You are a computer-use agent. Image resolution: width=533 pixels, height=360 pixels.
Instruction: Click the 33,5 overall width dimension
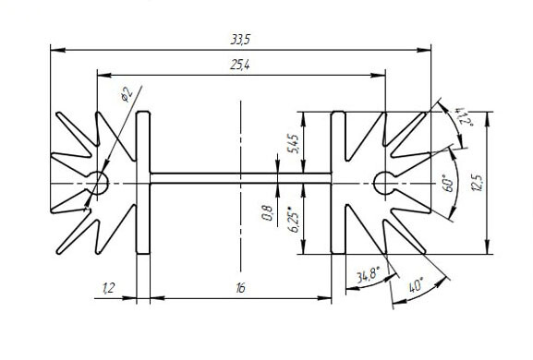pyautogui.click(x=240, y=40)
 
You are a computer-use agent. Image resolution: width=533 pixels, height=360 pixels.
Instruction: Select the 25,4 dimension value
pyautogui.click(x=239, y=65)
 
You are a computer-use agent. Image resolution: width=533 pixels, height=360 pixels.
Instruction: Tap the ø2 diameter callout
pyautogui.click(x=127, y=94)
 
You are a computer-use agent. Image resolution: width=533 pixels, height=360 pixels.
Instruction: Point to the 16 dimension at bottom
pyautogui.click(x=240, y=288)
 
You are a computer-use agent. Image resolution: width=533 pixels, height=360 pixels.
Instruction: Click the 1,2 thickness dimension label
pyautogui.click(x=109, y=288)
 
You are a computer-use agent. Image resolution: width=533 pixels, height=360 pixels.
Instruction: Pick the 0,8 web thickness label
pyautogui.click(x=268, y=213)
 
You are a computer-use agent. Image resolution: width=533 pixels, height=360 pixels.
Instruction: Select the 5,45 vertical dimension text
pyautogui.click(x=294, y=144)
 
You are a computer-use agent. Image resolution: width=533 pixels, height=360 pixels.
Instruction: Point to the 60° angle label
pyautogui.click(x=449, y=183)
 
